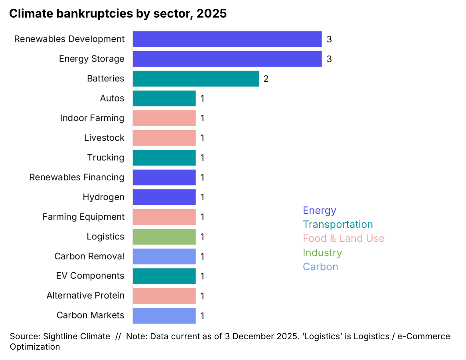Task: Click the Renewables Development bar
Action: point(227,39)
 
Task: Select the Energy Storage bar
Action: point(227,59)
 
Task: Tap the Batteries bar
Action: point(195,79)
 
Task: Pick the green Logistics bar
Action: point(164,236)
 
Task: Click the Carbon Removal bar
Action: point(164,256)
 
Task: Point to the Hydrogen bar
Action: point(164,197)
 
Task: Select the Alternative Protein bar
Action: point(164,296)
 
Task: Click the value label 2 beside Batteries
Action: point(266,79)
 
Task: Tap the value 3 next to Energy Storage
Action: point(329,59)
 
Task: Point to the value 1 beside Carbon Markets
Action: point(202,316)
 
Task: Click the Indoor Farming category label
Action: point(92,118)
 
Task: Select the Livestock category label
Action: point(104,138)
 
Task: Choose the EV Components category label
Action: point(90,276)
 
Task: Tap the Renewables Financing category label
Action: point(77,177)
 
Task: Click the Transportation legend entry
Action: point(338,224)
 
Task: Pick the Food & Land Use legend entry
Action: point(344,238)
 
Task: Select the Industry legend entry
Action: point(322,253)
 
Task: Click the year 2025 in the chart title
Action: point(211,14)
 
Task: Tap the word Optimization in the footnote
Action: point(35,346)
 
